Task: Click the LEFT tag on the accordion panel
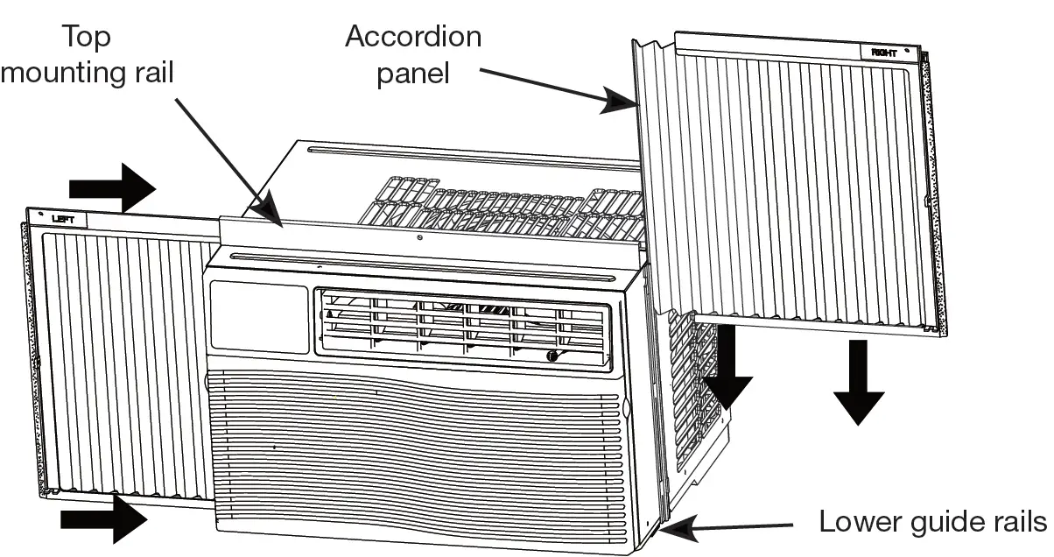pos(63,220)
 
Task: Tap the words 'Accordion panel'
pos(412,54)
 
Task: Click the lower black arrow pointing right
pos(103,520)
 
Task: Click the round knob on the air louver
pos(552,356)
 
